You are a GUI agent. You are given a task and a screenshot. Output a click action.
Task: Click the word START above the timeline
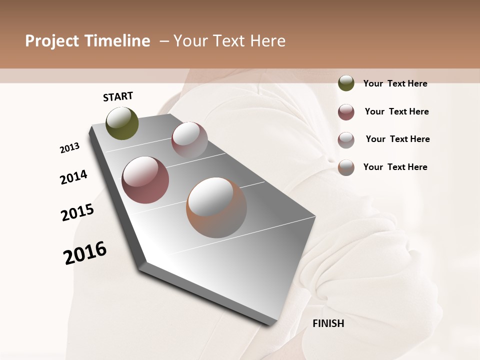tap(118, 96)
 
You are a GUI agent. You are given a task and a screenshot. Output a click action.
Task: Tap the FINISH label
tap(328, 323)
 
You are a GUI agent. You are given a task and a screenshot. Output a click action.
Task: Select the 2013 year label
tap(69, 148)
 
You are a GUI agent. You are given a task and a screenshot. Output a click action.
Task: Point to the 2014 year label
tap(73, 177)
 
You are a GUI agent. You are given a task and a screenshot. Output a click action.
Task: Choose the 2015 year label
tap(77, 212)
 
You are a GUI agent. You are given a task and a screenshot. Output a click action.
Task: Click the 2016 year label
tap(85, 252)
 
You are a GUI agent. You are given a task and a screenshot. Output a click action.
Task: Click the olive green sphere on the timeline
tap(122, 123)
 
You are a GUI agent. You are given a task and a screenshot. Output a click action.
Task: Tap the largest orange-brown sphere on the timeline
tap(216, 207)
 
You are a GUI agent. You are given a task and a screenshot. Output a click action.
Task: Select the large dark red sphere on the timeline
tap(145, 180)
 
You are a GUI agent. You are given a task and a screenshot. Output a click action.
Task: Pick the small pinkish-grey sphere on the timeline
tap(189, 140)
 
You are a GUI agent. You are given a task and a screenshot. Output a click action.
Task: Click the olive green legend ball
tap(346, 83)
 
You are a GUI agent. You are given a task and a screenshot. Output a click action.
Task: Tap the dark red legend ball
tap(346, 112)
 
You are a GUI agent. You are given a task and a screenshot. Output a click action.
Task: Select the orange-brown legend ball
tap(346, 167)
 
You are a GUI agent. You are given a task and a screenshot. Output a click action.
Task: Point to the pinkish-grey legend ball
tap(346, 140)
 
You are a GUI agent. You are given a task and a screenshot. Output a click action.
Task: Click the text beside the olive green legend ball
tap(395, 83)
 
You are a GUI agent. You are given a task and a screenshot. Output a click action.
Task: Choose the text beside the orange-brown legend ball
tap(395, 167)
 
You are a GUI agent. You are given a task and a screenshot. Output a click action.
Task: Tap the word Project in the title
tap(51, 41)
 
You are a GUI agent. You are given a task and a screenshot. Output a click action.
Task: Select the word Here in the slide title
tap(267, 41)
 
